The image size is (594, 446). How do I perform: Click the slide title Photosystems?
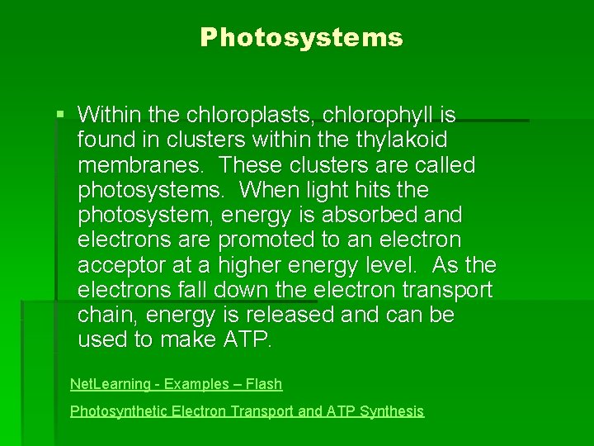[301, 38]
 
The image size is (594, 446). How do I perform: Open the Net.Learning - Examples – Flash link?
[176, 384]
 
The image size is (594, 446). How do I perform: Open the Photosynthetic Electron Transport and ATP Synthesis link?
[247, 410]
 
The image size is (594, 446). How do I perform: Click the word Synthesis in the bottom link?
[391, 410]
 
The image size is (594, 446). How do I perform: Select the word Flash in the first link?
[263, 384]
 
